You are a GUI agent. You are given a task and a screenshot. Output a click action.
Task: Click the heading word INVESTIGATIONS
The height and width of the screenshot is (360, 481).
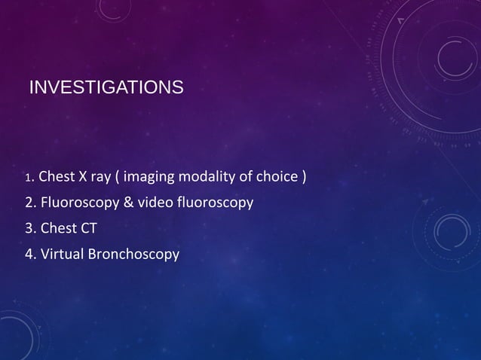tap(105, 90)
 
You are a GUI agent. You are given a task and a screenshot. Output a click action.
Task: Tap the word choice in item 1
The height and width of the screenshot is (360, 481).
tap(275, 178)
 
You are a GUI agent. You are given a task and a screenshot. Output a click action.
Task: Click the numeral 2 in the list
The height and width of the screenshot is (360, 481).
tap(29, 203)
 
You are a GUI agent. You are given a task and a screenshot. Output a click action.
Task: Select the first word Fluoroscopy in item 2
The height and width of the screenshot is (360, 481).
tap(75, 204)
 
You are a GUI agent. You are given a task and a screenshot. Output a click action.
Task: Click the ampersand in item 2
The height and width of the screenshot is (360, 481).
tap(121, 203)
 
